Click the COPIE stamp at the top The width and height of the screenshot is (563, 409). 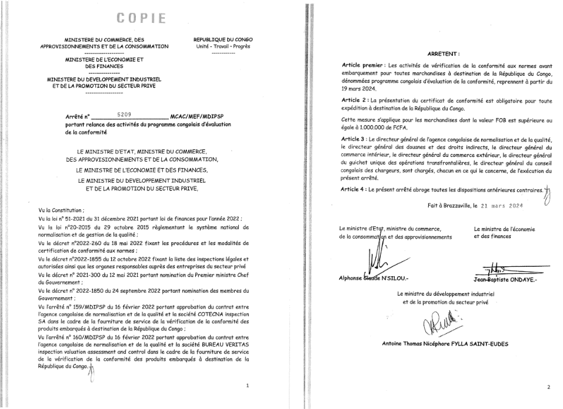(141, 18)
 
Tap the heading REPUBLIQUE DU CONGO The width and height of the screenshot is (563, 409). (223, 40)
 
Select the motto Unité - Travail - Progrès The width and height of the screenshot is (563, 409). (223, 46)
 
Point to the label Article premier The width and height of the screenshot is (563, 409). (361, 65)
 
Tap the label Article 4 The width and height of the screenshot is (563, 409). (354, 190)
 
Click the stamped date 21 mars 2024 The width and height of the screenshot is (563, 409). (502, 206)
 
